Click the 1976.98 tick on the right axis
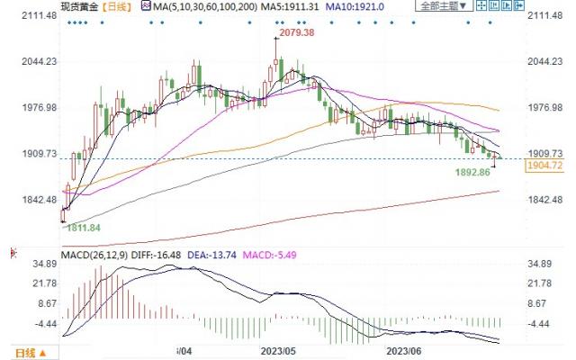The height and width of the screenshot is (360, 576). tap(545, 107)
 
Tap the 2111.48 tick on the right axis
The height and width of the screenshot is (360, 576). tap(545, 15)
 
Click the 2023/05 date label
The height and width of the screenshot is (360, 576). tap(278, 349)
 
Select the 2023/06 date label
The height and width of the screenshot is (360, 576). tap(402, 349)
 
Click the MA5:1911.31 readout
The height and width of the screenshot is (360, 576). tap(256, 6)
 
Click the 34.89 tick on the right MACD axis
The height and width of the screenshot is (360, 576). tap(541, 264)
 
